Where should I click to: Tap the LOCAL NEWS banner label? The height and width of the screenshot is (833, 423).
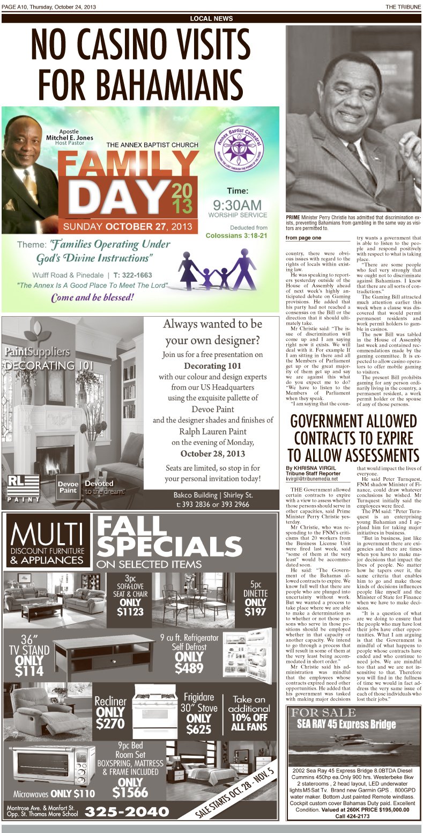tap(211, 19)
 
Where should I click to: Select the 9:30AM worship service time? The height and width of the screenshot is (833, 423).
tap(237, 205)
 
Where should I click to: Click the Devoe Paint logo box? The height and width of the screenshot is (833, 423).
tap(68, 487)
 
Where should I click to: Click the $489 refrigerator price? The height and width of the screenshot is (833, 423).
tap(189, 668)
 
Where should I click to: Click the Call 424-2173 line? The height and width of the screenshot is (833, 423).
tap(352, 816)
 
